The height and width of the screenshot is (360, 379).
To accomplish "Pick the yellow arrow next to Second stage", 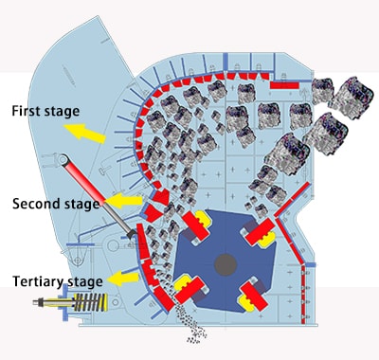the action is pos(121,202).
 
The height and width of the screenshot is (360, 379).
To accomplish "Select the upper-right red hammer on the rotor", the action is pos(259,228).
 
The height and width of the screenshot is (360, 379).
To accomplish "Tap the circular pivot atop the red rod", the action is pos(66,160).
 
